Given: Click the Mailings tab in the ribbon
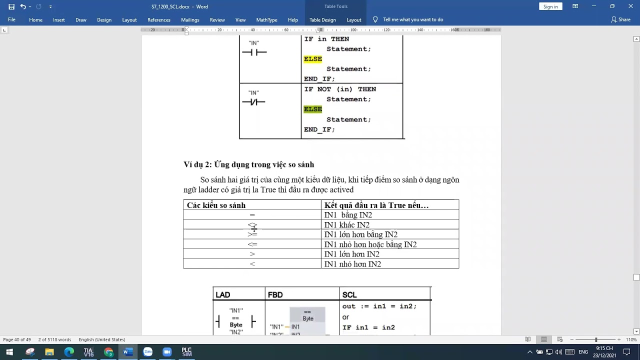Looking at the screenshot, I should tap(190, 20).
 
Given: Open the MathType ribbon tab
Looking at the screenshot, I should tap(266, 20).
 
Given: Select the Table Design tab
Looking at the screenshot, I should tap(322, 20).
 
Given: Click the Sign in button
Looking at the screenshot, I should tap(550, 6).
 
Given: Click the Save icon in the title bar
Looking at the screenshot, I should tap(11, 6).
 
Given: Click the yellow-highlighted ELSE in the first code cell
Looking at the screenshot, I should tap(313, 59).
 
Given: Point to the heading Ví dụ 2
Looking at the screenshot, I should tap(248, 164).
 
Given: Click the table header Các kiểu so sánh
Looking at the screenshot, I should tap(216, 205).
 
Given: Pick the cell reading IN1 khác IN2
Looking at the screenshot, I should tap(347, 225).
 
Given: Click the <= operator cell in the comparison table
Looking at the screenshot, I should tap(252, 244).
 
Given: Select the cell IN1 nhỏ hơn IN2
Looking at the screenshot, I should tap(352, 264).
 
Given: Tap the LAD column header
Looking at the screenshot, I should tap(223, 295).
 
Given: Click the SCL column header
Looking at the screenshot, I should tap(349, 295).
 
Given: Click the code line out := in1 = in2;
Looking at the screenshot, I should tap(379, 306).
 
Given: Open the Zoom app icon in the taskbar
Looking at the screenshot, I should tap(167, 352).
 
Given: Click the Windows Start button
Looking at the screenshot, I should tap(9, 352).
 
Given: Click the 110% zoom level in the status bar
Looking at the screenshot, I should tap(631, 339).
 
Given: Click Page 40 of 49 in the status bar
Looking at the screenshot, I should tap(17, 339).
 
